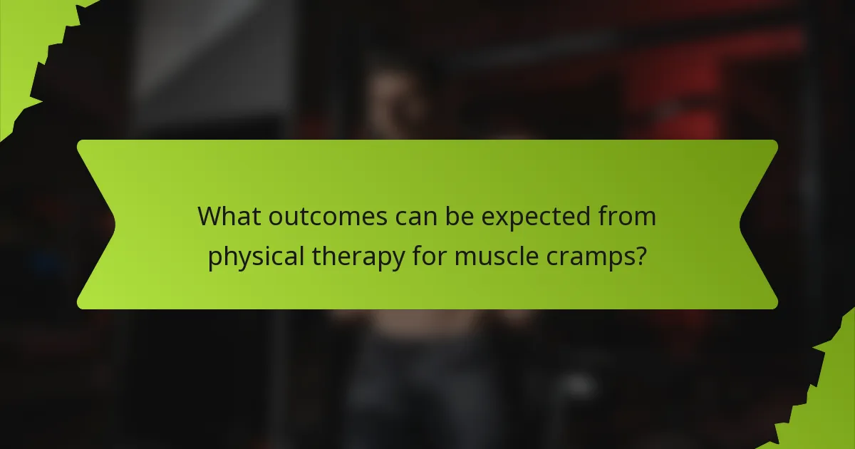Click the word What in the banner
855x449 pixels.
pos(229,216)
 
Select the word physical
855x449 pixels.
pos(254,257)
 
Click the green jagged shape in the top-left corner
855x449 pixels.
pos(28,43)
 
